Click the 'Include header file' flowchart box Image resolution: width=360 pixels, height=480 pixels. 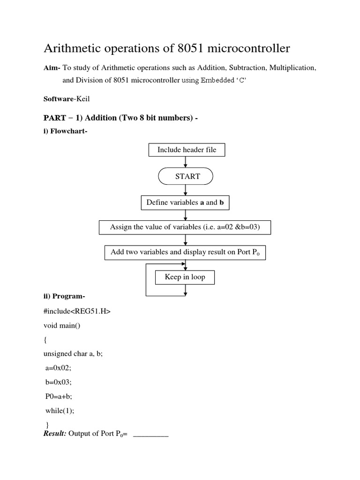[186, 150]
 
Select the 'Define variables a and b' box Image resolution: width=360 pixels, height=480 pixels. [186, 202]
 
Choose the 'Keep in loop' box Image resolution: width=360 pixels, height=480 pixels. [185, 277]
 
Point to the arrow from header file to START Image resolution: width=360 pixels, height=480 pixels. [186, 162]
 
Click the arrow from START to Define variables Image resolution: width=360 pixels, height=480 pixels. [186, 190]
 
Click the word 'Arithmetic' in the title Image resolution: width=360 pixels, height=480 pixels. [70, 49]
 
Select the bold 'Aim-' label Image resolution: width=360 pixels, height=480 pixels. [52, 68]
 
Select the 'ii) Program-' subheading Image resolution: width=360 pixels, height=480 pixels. [64, 296]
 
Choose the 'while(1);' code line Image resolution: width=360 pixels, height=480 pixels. [60, 411]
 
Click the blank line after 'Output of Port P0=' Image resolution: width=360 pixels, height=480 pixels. [151, 434]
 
